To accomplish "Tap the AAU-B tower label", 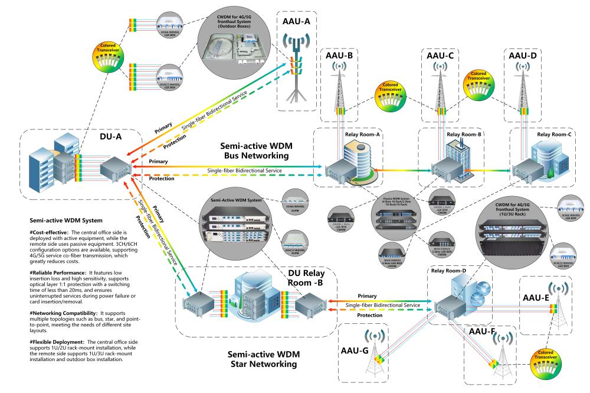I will (x=339, y=56).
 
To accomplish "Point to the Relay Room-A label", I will (x=362, y=135).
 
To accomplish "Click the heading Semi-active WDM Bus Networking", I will (x=255, y=150).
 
